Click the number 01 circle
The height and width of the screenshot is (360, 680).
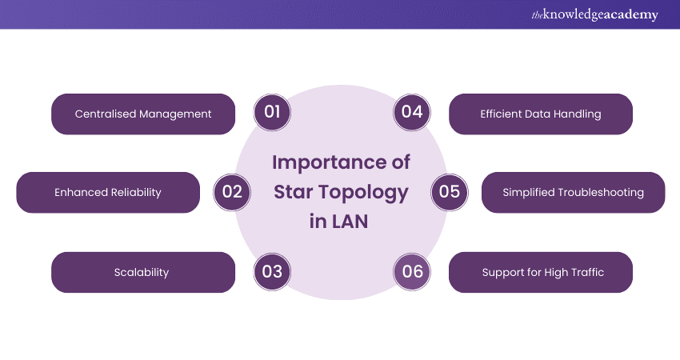point(272,112)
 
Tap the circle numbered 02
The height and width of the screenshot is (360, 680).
point(232,192)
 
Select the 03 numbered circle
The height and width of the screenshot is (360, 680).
point(272,272)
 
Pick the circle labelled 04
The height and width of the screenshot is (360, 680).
point(412,112)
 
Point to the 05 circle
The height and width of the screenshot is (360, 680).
point(450,192)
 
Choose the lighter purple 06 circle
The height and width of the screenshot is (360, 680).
point(412,272)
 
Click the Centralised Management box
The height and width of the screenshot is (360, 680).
point(143,114)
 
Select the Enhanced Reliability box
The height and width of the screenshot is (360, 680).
point(108,193)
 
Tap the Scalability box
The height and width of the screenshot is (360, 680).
point(143,272)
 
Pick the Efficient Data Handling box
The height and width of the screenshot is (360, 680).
point(541,114)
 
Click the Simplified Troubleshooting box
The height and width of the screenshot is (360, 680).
point(574,193)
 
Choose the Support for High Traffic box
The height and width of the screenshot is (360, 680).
point(541,272)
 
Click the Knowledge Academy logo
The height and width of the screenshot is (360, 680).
point(594,14)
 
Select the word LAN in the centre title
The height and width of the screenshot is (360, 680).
point(350,222)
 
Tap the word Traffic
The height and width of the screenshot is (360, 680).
point(587,272)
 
